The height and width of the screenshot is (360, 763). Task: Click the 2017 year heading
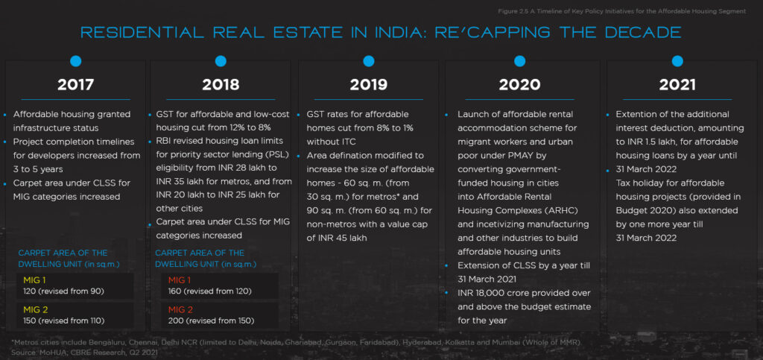coord(75,84)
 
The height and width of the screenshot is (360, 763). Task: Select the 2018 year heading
coord(221,84)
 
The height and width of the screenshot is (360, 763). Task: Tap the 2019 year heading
coord(368,84)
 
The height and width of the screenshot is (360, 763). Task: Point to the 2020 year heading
coord(519,84)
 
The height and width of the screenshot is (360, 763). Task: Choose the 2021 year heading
coord(677,84)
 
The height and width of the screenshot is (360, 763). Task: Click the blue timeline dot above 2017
coord(75,61)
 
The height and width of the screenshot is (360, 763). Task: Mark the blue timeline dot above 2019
coord(368,61)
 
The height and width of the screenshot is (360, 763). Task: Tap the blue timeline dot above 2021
coord(677,61)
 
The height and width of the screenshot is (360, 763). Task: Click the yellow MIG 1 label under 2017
coord(34,279)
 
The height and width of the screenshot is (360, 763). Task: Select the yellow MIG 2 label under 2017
coord(34,309)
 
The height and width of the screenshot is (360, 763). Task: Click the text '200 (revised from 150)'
coord(211,320)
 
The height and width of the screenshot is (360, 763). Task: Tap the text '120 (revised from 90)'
coord(64,291)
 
